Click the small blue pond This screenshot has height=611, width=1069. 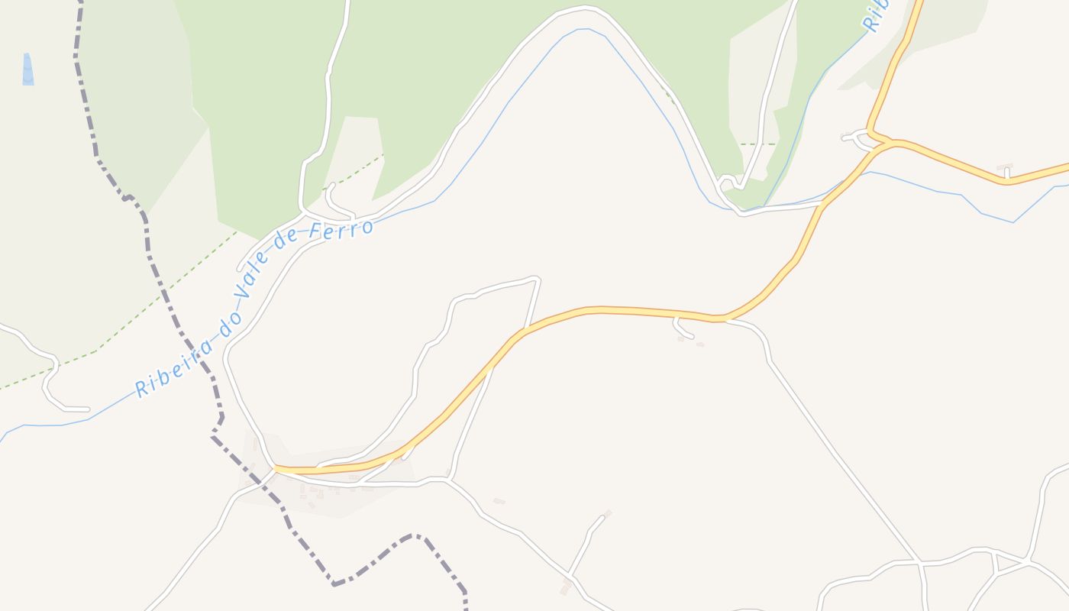tap(28, 70)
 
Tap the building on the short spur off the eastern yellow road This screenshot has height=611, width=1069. tap(1005, 166)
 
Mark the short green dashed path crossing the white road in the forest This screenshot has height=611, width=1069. tap(757, 144)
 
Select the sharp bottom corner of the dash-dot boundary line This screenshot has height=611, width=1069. tap(334, 584)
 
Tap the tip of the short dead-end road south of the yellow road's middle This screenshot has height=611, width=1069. tap(692, 336)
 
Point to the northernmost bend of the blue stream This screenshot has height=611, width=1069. tap(584, 29)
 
